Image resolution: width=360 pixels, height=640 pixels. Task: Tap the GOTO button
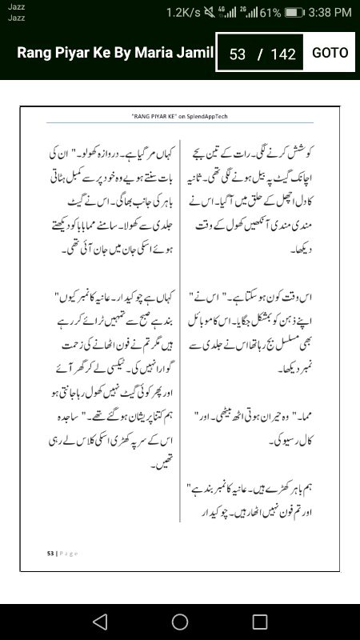click(330, 53)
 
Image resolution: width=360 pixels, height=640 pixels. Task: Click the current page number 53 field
click(237, 54)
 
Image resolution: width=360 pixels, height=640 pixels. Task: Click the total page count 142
click(283, 54)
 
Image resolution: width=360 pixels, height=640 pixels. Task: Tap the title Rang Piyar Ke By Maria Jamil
click(115, 54)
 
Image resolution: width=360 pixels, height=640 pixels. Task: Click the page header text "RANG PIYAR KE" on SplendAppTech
click(180, 116)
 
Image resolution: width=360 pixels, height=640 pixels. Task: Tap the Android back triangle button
click(99, 622)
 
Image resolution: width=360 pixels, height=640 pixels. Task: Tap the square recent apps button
click(259, 622)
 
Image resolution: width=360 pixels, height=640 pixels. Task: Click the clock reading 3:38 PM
click(330, 13)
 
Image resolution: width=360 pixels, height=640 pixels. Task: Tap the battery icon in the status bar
click(294, 13)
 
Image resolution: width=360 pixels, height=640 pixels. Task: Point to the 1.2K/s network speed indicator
click(184, 13)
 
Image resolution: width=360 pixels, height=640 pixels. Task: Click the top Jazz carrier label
click(16, 6)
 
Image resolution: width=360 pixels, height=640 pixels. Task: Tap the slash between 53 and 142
click(259, 54)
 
